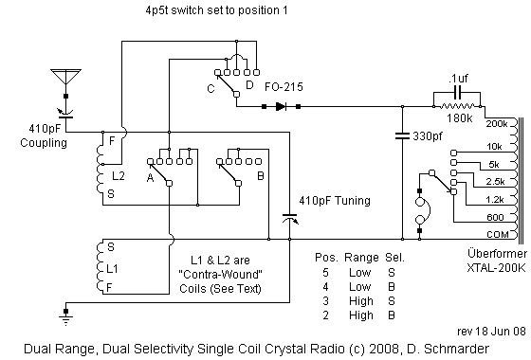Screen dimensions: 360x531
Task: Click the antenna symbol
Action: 64,78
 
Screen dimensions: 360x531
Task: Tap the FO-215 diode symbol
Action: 282,105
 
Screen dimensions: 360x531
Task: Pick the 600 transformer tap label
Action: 497,216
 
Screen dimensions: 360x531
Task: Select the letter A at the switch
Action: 150,175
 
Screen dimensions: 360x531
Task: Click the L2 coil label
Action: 119,175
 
